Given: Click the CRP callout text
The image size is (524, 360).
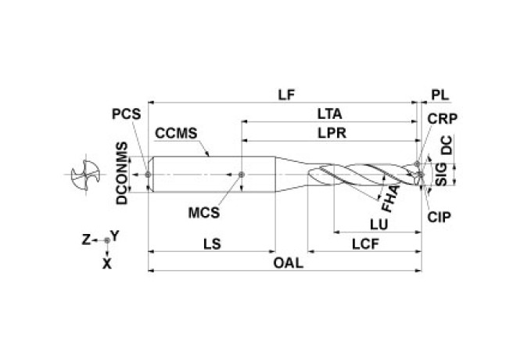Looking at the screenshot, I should click(442, 119).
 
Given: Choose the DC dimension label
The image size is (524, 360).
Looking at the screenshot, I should click(446, 146).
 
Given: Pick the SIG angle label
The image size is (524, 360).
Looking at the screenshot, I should click(442, 173).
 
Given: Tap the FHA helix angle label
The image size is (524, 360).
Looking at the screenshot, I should click(389, 198).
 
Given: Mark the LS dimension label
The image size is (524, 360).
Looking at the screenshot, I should click(211, 243).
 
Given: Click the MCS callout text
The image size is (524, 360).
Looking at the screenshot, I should click(204, 212).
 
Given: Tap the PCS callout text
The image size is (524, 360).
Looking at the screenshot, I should click(125, 113).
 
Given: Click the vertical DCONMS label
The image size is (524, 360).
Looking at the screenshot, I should click(121, 173).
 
